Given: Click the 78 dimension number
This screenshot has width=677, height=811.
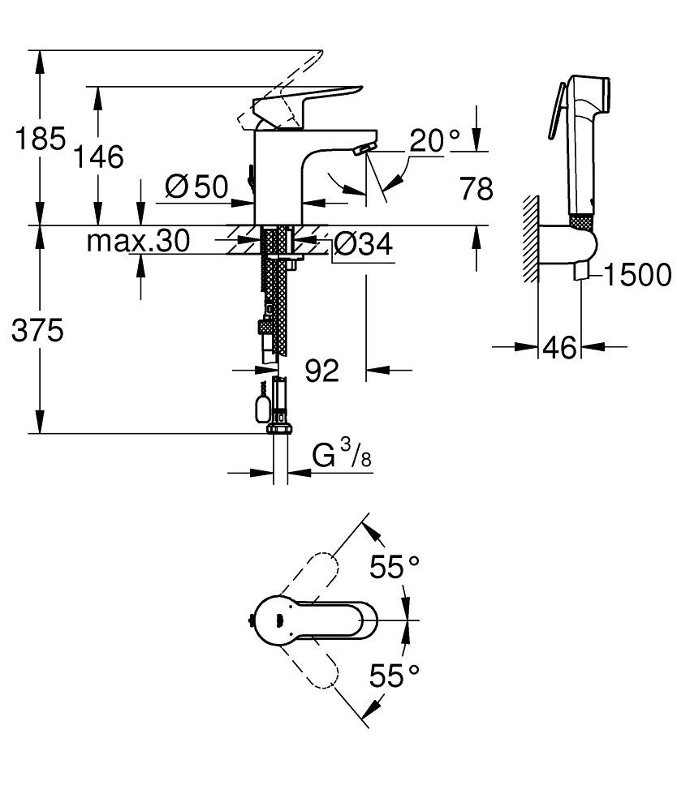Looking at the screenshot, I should tap(476, 189).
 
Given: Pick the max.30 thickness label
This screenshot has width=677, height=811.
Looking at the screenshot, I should tap(138, 240).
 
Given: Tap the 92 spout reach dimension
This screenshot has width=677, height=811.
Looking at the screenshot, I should tap(321, 371).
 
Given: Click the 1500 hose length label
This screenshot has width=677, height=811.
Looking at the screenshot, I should tap(636, 276).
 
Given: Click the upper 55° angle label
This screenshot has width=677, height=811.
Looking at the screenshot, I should tap(395, 567).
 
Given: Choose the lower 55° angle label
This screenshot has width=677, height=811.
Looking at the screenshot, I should tap(395, 675).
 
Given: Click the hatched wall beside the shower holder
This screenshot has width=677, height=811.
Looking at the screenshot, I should tap(532, 239).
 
